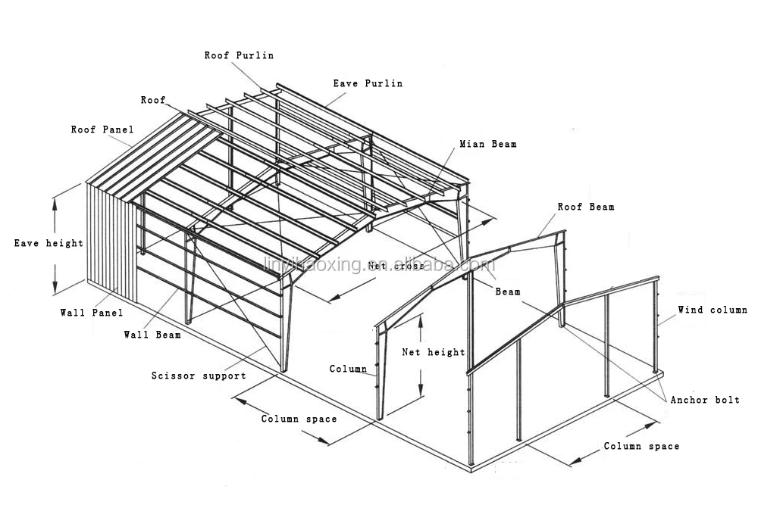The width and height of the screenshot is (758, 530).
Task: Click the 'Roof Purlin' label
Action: click(239, 55)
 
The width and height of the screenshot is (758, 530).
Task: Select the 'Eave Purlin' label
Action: click(368, 83)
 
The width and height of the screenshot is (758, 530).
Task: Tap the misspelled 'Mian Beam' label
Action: click(487, 144)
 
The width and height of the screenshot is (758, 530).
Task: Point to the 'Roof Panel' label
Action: click(102, 129)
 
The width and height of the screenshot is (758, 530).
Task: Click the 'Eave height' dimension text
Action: click(49, 243)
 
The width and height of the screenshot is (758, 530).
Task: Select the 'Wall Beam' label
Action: click(152, 335)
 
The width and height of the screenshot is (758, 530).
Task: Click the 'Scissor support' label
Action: click(198, 376)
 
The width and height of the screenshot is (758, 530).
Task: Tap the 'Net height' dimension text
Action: click(434, 352)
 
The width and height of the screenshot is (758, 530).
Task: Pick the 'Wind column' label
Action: click(712, 310)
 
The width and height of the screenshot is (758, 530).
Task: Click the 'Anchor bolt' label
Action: click(705, 400)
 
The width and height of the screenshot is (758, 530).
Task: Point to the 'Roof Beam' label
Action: click(586, 207)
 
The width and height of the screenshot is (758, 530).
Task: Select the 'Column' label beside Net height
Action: click(348, 369)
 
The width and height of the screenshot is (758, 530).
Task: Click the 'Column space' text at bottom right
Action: click(641, 446)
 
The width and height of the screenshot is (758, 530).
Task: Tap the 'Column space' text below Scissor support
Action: click(299, 419)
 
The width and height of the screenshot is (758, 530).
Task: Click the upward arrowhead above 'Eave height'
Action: click(55, 201)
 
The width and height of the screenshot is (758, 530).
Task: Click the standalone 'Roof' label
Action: click(152, 100)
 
